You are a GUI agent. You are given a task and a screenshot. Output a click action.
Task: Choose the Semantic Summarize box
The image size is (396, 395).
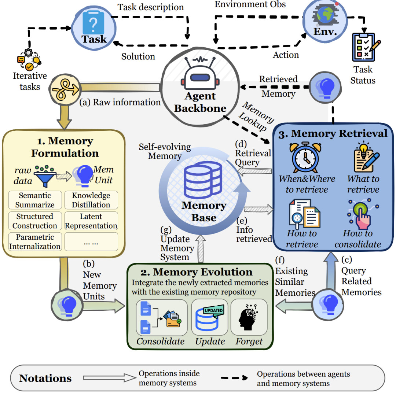(35, 200)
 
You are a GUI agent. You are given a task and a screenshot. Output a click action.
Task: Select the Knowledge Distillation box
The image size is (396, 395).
(91, 200)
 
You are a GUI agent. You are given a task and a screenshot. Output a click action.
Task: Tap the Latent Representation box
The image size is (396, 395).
(91, 221)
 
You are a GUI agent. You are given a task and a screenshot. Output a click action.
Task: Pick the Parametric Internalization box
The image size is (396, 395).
(35, 241)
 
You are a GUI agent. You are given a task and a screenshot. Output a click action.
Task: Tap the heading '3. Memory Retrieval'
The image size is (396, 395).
(333, 133)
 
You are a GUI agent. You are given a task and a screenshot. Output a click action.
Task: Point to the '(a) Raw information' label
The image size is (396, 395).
(120, 102)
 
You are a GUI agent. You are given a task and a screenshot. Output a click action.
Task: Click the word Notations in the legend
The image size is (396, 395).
(45, 378)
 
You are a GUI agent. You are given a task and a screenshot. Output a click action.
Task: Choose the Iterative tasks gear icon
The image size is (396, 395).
(28, 59)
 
